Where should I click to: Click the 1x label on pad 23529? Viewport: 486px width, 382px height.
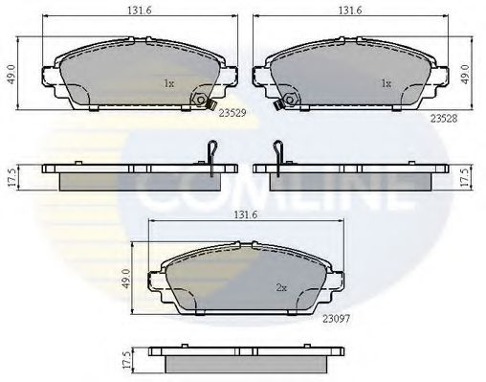[x=168, y=83]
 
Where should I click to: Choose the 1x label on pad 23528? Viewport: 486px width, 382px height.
[x=387, y=83]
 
